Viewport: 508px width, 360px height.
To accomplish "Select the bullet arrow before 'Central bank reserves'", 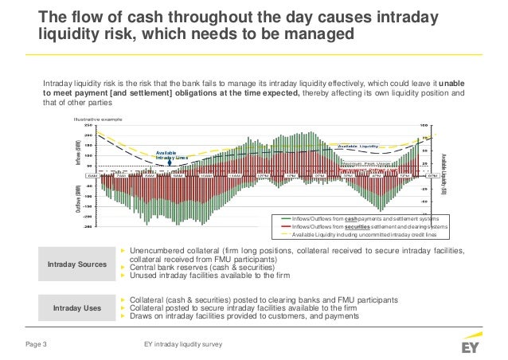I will [x=123, y=268].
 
